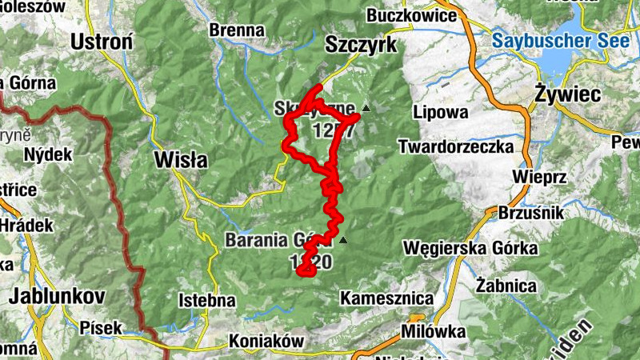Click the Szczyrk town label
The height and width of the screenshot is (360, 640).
361,46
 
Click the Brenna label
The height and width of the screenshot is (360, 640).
237,30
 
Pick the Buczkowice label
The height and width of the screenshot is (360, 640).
411,15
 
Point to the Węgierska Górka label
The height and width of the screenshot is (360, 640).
470,248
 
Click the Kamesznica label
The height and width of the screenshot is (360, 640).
386,298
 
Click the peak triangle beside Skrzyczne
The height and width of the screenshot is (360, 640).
366,107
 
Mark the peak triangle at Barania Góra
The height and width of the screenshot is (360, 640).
343,239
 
